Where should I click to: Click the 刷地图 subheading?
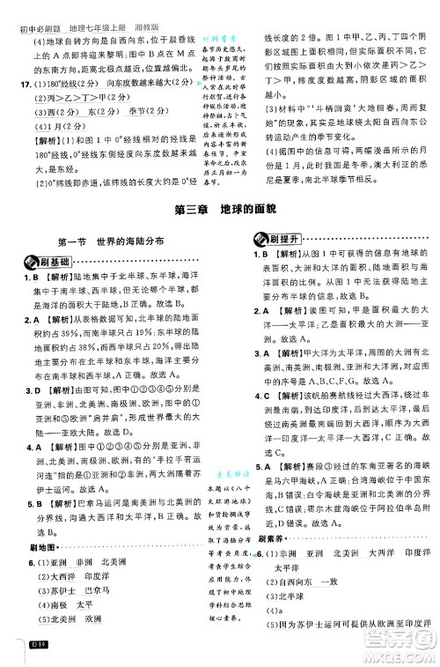(x=32, y=550)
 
